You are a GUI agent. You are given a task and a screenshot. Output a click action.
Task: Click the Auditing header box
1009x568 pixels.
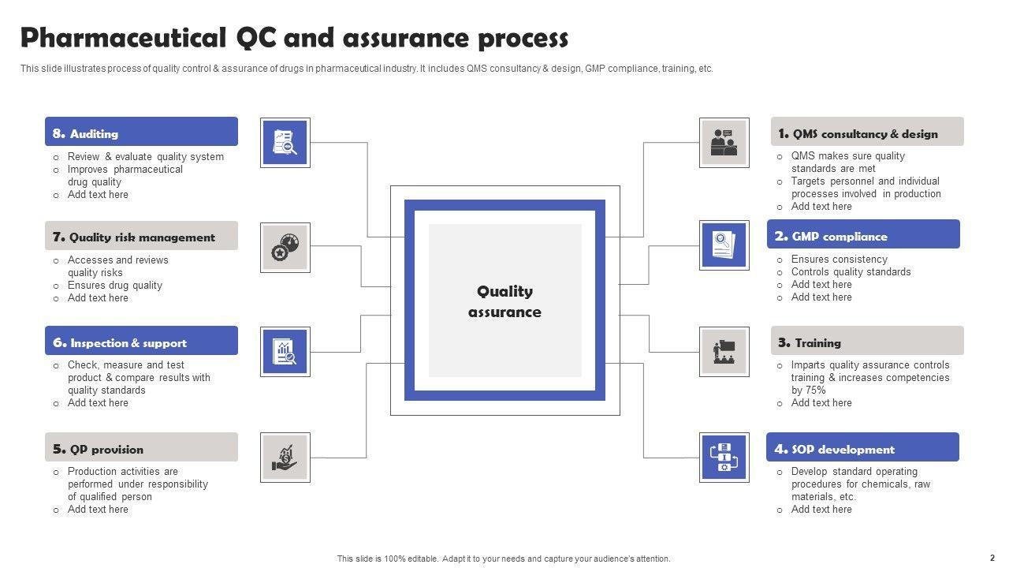(x=141, y=132)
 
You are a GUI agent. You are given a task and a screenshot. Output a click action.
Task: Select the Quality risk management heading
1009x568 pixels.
(x=141, y=236)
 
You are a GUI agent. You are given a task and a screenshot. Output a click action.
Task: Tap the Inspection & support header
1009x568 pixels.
(x=141, y=341)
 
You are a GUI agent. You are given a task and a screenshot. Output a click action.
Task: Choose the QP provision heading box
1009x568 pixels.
(x=141, y=447)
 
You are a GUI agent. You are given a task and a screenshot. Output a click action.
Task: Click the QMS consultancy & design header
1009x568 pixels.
(x=867, y=132)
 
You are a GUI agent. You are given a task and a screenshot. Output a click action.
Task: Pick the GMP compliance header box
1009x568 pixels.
(x=863, y=234)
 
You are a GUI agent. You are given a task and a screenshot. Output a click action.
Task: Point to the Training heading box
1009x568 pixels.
(x=867, y=341)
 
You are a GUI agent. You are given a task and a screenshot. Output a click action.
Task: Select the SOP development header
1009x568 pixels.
(x=862, y=447)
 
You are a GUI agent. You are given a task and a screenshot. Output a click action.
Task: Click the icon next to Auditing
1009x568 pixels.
(x=285, y=143)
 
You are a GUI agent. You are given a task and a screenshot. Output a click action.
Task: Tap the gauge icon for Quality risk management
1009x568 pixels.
(x=285, y=248)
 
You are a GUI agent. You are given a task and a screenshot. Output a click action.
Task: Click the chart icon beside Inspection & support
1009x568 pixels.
(x=285, y=352)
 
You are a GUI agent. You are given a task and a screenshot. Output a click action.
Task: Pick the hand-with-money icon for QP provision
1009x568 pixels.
(x=285, y=458)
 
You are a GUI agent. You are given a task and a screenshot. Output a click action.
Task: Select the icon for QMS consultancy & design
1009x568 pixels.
(x=724, y=143)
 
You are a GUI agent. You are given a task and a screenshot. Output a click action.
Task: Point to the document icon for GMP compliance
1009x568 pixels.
(x=724, y=245)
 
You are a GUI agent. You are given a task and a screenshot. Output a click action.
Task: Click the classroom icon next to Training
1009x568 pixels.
(x=724, y=352)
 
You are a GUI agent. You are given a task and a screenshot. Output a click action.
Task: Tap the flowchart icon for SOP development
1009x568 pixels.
(x=724, y=458)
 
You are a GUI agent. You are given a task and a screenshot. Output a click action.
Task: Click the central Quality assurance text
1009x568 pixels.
(x=504, y=301)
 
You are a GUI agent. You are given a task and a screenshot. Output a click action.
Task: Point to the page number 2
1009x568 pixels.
(x=992, y=558)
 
